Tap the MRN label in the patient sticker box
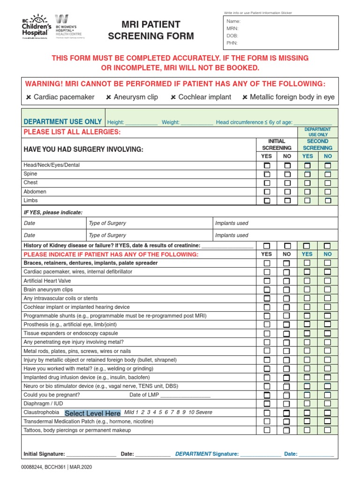click(x=232, y=29)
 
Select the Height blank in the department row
click(x=142, y=123)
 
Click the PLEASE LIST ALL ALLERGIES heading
click(x=72, y=132)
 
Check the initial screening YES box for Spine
click(x=267, y=174)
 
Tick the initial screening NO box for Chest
click(x=287, y=183)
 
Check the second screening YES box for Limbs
click(x=307, y=200)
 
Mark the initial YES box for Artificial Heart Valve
click(x=267, y=281)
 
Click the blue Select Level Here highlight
click(x=92, y=413)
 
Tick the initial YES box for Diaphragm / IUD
click(x=267, y=404)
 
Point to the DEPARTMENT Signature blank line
click(x=261, y=454)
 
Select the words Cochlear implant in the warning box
click(x=205, y=97)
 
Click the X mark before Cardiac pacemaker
click(x=29, y=97)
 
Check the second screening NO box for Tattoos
click(x=328, y=430)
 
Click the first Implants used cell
click(x=274, y=223)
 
